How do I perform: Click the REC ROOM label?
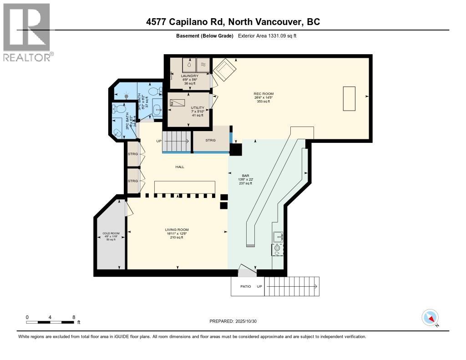tap(263, 94)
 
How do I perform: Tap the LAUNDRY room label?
tap(189, 76)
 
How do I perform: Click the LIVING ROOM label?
tap(177, 230)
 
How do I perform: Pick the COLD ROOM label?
tap(111, 233)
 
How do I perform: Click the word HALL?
tap(180, 167)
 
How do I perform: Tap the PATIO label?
tap(246, 287)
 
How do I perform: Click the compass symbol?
tap(430, 317)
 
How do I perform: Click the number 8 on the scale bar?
tap(73, 317)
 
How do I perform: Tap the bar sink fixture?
tap(278, 237)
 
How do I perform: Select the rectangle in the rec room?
tap(349, 98)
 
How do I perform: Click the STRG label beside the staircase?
tap(210, 141)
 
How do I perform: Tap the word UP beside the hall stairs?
tap(159, 141)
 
